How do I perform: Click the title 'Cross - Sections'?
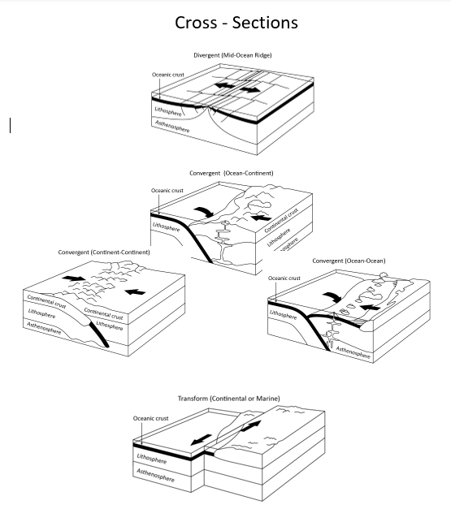[236, 22]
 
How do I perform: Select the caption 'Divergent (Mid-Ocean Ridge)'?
[232, 55]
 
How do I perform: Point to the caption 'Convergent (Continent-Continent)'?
[104, 252]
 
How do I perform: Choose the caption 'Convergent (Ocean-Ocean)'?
[349, 261]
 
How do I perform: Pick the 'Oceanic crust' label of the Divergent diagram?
[167, 75]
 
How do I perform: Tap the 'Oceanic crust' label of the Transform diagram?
[150, 417]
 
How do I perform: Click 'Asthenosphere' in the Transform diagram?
[155, 474]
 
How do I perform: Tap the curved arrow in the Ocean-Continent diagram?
[206, 211]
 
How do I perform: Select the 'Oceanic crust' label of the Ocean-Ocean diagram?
[284, 278]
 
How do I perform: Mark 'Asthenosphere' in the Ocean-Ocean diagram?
[353, 352]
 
